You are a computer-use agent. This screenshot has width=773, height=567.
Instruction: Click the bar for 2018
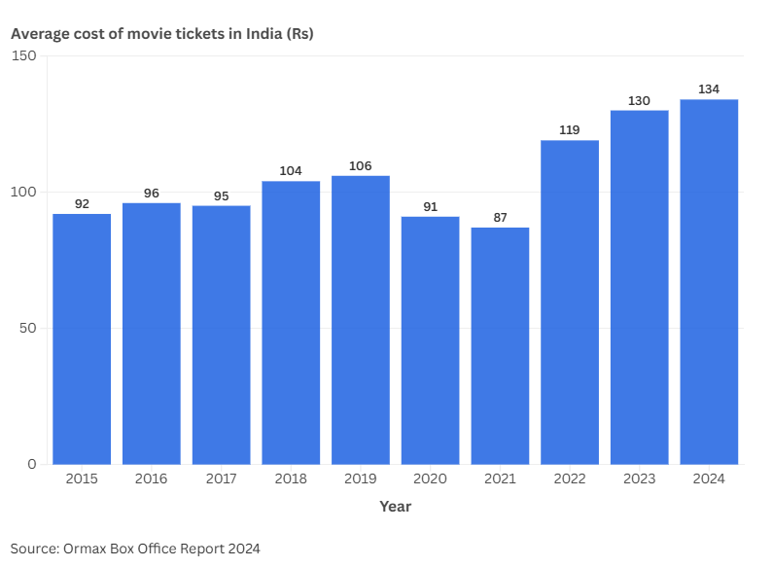coord(291,322)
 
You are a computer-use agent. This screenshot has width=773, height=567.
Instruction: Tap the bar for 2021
coord(500,345)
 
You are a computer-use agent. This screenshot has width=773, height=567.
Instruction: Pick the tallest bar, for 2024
coord(709,281)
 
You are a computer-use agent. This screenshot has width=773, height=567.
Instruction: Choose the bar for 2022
coord(570,301)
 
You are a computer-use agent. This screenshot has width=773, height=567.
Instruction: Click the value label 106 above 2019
coord(361,166)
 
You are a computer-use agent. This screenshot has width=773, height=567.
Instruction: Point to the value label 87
coord(500,218)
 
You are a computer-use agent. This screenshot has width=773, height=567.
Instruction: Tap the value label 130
coord(639,101)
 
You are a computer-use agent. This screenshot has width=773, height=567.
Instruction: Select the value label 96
coord(152,194)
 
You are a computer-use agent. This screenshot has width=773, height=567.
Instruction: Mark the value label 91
coord(430,207)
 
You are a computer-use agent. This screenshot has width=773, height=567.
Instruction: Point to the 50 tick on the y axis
coord(28,328)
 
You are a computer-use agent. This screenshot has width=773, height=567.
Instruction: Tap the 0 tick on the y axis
coord(32,464)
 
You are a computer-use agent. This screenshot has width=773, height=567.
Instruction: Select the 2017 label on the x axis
coord(221,478)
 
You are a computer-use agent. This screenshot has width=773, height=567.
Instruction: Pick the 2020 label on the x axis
coord(430,478)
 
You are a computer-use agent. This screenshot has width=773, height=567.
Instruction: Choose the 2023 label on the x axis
coord(639,478)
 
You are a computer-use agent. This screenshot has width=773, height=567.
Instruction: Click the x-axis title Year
coord(395,507)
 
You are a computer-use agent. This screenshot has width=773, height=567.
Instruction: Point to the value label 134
coord(709,89)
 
